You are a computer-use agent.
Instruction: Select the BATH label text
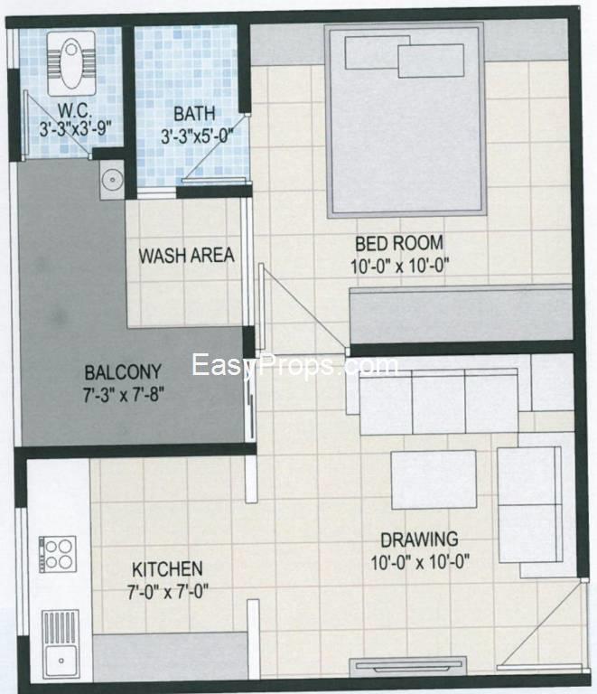click(194, 114)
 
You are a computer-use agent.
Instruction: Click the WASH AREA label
click(185, 256)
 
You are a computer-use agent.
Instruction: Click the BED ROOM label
click(398, 242)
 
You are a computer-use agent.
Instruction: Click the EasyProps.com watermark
click(294, 366)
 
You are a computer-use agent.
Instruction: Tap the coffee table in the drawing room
click(433, 479)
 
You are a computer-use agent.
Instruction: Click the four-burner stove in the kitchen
click(58, 554)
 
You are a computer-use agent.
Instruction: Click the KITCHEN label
click(167, 569)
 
